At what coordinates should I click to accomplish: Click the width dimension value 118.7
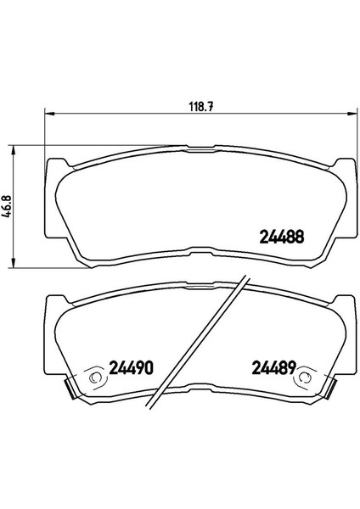pos(201,107)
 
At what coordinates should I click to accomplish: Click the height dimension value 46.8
pos(8,206)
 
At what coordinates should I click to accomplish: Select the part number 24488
pos(282,237)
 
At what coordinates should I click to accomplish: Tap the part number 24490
pos(131,368)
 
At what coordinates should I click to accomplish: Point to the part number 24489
pos(274,368)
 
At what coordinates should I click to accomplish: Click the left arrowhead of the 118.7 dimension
pos(48,114)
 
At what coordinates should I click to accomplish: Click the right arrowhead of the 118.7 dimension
pos(352,114)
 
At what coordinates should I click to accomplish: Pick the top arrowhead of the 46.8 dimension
pos(14,150)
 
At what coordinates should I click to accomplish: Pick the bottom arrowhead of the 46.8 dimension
pos(14,263)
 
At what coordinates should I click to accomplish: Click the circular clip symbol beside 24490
pos(95,378)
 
